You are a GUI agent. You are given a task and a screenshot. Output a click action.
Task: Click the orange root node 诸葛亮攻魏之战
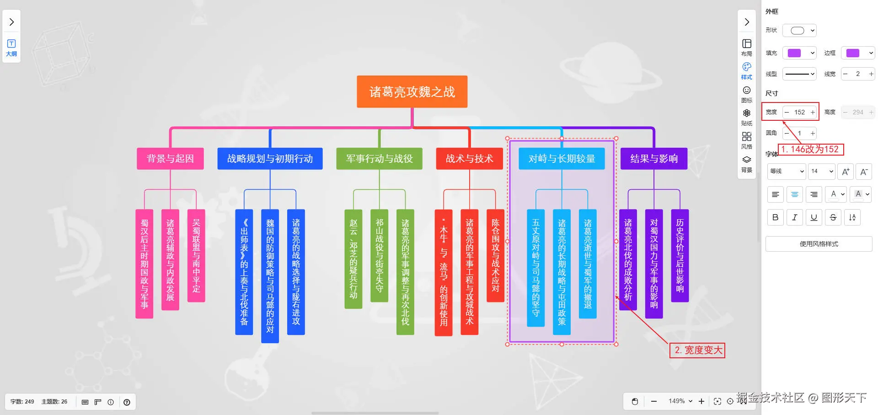[x=412, y=92]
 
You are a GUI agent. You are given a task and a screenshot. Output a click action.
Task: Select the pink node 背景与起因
[x=170, y=159]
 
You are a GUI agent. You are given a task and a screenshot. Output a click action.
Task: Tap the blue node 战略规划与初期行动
[x=270, y=159]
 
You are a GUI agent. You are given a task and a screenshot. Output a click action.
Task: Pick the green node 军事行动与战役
[x=379, y=159]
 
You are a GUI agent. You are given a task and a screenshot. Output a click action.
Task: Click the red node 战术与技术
[x=469, y=159]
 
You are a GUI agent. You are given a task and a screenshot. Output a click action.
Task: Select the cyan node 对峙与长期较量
[x=562, y=159]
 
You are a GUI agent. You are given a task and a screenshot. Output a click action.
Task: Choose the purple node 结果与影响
[x=653, y=159]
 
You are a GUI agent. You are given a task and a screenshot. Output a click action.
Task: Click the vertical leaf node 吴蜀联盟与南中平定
[x=196, y=255]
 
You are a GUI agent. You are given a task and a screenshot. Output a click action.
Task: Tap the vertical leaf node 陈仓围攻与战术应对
[x=495, y=255]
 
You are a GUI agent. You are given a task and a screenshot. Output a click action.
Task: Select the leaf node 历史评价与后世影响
[x=680, y=255]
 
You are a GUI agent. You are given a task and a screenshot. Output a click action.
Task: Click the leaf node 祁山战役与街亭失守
[x=379, y=255]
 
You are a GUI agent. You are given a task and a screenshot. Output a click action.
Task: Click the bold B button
[x=775, y=217]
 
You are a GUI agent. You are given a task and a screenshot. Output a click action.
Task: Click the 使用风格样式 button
[x=819, y=244]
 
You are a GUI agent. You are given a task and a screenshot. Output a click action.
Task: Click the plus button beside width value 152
[x=813, y=112]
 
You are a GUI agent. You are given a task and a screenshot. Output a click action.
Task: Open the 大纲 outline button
[x=11, y=48]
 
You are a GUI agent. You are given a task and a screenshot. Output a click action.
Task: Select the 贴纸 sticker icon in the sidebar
[x=746, y=117]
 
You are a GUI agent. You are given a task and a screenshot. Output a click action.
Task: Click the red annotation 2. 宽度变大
[x=698, y=350]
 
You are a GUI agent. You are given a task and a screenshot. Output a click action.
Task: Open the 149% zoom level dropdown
[x=680, y=401]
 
